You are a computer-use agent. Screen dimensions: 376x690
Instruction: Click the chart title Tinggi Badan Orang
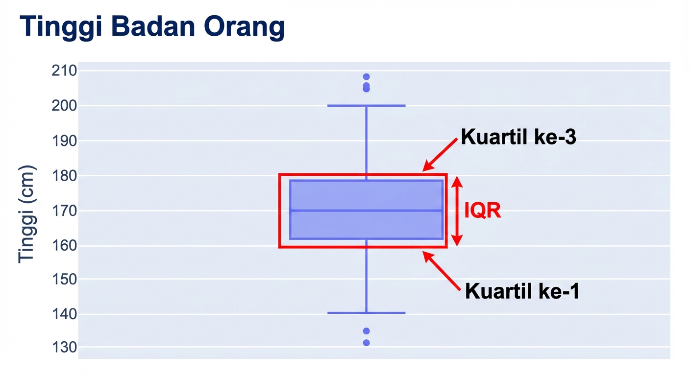[x=152, y=27]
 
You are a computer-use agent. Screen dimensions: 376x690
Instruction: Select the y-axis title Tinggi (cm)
[x=27, y=214]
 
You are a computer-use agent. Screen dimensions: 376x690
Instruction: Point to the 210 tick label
[x=64, y=71]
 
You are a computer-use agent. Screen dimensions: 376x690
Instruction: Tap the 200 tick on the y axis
[x=64, y=106]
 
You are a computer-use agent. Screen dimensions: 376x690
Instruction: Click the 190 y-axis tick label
[x=64, y=141]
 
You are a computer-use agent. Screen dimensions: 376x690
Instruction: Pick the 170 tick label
[x=64, y=211]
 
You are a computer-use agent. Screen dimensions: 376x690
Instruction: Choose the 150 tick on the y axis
[x=64, y=279]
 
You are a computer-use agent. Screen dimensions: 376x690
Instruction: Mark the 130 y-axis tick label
[x=64, y=348]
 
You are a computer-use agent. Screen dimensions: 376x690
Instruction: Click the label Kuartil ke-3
[x=518, y=138]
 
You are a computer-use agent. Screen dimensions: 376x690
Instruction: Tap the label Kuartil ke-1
[x=522, y=292]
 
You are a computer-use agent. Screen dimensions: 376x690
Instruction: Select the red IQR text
[x=483, y=211]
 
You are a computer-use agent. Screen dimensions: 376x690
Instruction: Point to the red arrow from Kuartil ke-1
[x=442, y=271]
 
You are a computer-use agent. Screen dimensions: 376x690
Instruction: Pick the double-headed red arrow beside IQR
[x=457, y=211]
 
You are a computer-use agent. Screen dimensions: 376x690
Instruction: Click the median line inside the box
[x=366, y=211]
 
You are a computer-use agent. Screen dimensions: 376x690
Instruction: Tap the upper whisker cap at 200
[x=366, y=105]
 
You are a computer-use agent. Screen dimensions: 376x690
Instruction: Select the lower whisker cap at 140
[x=366, y=312]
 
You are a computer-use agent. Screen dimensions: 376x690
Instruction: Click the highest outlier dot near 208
[x=366, y=77]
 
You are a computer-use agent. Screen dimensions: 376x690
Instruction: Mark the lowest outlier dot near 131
[x=366, y=343]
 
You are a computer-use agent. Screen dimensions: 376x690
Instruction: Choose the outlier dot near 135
[x=366, y=331]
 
